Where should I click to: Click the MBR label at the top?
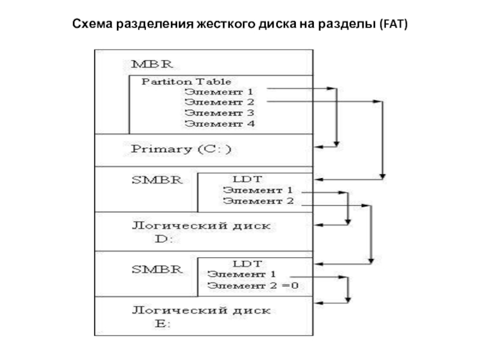pos(152,64)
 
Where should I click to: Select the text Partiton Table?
pos(186,82)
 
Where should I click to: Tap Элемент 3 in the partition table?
pos(220,113)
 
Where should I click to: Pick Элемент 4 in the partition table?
pos(220,124)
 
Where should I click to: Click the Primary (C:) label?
pos(181,149)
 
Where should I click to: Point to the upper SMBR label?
pos(157,180)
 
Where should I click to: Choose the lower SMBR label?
pos(157,269)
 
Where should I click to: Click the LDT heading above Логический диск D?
pos(247,179)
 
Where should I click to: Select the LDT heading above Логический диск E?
pos(247,263)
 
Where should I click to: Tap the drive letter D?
pos(164,239)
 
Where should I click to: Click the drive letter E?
pos(163,323)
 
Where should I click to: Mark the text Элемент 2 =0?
pos(253,286)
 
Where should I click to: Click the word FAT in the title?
pos(394,24)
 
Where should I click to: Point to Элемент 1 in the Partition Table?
pos(219,92)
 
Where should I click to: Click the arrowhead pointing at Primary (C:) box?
pos(319,147)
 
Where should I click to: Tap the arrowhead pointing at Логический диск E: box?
pos(319,303)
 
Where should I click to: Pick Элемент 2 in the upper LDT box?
pos(259,201)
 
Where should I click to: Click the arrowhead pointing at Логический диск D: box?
pos(319,225)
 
